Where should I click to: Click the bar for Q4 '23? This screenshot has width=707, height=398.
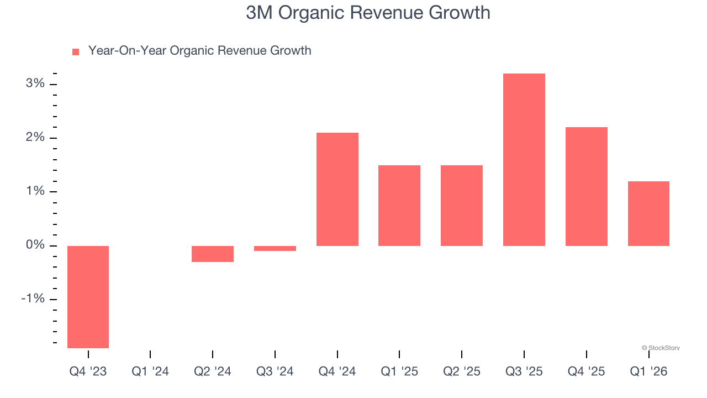[88, 297]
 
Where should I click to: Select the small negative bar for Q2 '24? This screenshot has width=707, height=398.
[213, 254]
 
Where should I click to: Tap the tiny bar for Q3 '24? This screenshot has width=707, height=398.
[275, 248]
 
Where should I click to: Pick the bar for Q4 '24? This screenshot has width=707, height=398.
[337, 189]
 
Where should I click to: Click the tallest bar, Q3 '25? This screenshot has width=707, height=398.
[524, 160]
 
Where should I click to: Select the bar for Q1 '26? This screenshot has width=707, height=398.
[648, 213]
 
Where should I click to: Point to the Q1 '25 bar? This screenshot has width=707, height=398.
[399, 206]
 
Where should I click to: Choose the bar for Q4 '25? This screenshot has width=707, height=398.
[587, 186]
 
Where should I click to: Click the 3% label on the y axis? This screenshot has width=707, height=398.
[35, 83]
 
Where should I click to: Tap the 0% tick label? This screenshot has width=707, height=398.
[35, 245]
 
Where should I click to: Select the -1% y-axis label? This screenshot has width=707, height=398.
[33, 298]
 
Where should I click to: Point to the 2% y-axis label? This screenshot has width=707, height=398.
[35, 137]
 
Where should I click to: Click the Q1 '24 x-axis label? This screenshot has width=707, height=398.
[150, 371]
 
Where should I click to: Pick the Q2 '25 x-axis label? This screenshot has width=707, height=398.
[462, 371]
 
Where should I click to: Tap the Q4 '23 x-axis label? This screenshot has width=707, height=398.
[88, 371]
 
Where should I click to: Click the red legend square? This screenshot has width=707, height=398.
[76, 51]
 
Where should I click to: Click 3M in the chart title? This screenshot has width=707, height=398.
[258, 12]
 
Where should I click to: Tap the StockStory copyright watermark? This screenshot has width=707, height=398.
[661, 348]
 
